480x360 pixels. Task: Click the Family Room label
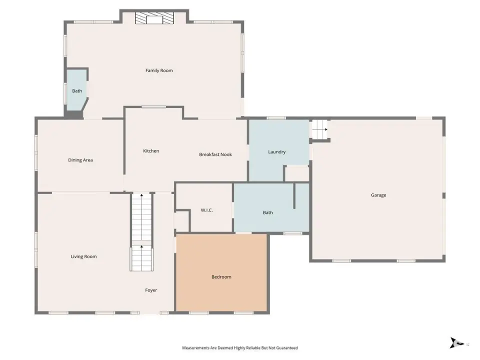coord(159,70)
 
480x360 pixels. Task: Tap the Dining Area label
coord(80,160)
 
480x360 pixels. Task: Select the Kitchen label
coord(151,150)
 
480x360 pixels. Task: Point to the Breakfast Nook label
coord(215,154)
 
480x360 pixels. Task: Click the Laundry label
coord(276,152)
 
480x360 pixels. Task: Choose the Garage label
coord(378,195)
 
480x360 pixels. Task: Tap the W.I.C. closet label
coord(206,210)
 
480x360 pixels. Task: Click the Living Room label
coord(83,256)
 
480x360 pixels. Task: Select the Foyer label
coord(151,290)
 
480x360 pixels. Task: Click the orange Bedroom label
coord(221,276)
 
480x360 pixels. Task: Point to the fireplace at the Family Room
coord(154,18)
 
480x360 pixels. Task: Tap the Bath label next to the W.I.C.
coord(268,212)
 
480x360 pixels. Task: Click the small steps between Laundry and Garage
coord(319,129)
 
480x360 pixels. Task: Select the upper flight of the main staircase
coord(141,216)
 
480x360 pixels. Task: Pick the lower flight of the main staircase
coord(141,258)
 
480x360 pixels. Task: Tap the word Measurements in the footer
coord(196,348)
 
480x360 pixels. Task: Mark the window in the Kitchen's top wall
coord(153,107)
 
